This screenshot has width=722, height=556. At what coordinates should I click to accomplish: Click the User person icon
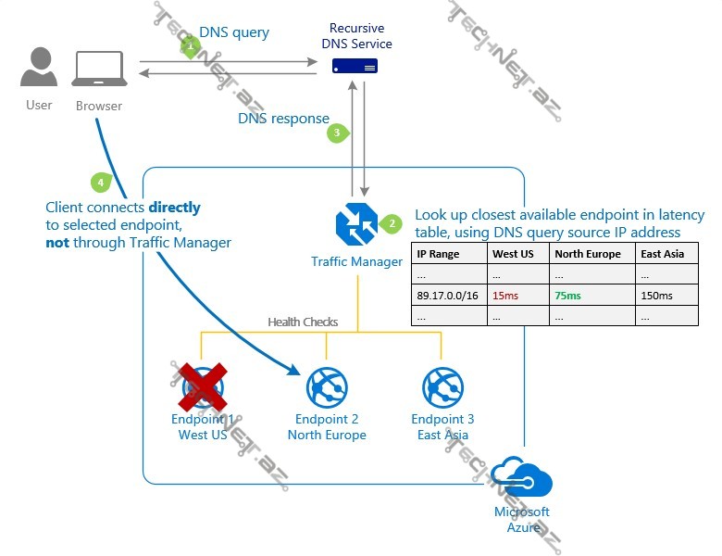click(39, 69)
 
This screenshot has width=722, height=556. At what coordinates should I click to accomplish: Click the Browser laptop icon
click(100, 70)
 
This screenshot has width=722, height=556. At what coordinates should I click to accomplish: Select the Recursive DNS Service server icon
click(355, 67)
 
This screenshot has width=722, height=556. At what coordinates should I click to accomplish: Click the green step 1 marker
click(191, 45)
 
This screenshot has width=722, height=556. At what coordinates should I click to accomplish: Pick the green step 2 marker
click(392, 223)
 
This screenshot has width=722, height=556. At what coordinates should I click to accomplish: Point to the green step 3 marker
click(337, 133)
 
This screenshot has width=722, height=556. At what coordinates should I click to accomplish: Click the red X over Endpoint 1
click(204, 387)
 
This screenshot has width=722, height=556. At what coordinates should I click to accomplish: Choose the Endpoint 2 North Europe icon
click(326, 387)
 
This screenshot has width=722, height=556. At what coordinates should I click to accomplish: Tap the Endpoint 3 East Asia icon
click(442, 387)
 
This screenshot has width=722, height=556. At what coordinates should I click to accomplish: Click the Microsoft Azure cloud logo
click(521, 480)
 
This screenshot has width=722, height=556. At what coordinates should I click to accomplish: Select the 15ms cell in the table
click(505, 296)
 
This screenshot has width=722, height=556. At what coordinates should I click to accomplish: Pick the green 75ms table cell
click(567, 296)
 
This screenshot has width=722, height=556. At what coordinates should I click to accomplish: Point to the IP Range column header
click(438, 254)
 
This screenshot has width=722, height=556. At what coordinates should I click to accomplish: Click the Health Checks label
click(303, 322)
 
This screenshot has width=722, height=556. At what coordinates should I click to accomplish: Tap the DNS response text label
click(283, 119)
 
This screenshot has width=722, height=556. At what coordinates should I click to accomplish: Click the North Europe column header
click(588, 254)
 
